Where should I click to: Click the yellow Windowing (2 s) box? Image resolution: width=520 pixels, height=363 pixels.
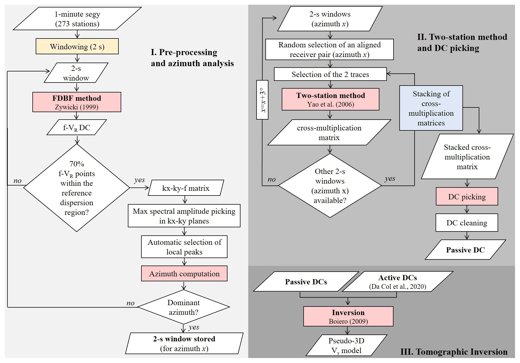coord(77,47)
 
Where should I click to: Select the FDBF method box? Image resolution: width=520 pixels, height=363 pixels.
coord(77,102)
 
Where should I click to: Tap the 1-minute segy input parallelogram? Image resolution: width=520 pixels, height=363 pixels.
coord(77,19)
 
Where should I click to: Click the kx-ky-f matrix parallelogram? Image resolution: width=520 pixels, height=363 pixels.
coord(186,188)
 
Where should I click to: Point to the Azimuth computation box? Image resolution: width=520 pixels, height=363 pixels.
coord(184,274)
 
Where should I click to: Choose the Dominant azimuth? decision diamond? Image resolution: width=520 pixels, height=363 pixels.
coord(183,307)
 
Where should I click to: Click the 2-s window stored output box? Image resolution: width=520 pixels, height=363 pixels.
coord(184,344)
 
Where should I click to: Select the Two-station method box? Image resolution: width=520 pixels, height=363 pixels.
coord(330,99)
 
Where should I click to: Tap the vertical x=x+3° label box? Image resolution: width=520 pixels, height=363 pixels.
coord(262,100)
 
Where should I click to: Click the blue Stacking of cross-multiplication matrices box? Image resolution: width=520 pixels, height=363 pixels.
coord(431,108)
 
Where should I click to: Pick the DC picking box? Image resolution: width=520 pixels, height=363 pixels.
coord(467,197)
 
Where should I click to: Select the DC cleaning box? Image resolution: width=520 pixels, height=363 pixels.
coord(467,223)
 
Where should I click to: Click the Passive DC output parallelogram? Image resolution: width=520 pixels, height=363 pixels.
coord(465,250)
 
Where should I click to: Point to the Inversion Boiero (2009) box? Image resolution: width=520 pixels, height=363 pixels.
coord(348,316)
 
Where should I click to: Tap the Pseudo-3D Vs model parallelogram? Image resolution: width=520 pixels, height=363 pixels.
coord(346,346)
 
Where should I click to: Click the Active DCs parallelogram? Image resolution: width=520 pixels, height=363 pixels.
coord(397,282)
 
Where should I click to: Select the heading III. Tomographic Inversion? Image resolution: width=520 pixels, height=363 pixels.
coord(454,352)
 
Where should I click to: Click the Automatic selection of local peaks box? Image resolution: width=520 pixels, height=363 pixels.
coord(184,247)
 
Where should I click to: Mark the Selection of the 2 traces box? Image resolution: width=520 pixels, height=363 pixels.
coord(330,74)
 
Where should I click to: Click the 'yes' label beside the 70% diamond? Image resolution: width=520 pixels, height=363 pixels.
coord(139,180)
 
